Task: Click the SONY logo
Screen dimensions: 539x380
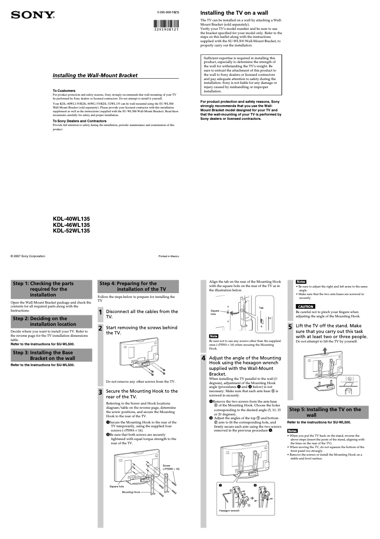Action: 33,15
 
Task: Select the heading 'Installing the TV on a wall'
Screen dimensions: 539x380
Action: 234,12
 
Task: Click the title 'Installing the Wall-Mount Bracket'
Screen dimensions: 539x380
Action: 95,75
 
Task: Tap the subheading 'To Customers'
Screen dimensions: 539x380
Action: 63,90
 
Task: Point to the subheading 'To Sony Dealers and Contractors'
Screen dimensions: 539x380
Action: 79,121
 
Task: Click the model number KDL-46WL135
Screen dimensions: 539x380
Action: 71,225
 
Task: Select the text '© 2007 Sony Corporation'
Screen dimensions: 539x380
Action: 28,256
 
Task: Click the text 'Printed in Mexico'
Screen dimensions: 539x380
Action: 169,256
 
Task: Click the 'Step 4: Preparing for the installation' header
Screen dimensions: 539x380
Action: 138,286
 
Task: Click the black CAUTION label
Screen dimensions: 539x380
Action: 305,306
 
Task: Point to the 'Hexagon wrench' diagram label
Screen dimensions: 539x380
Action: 229,511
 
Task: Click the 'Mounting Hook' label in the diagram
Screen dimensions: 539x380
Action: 131,492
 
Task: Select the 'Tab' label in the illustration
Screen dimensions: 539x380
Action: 261,307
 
